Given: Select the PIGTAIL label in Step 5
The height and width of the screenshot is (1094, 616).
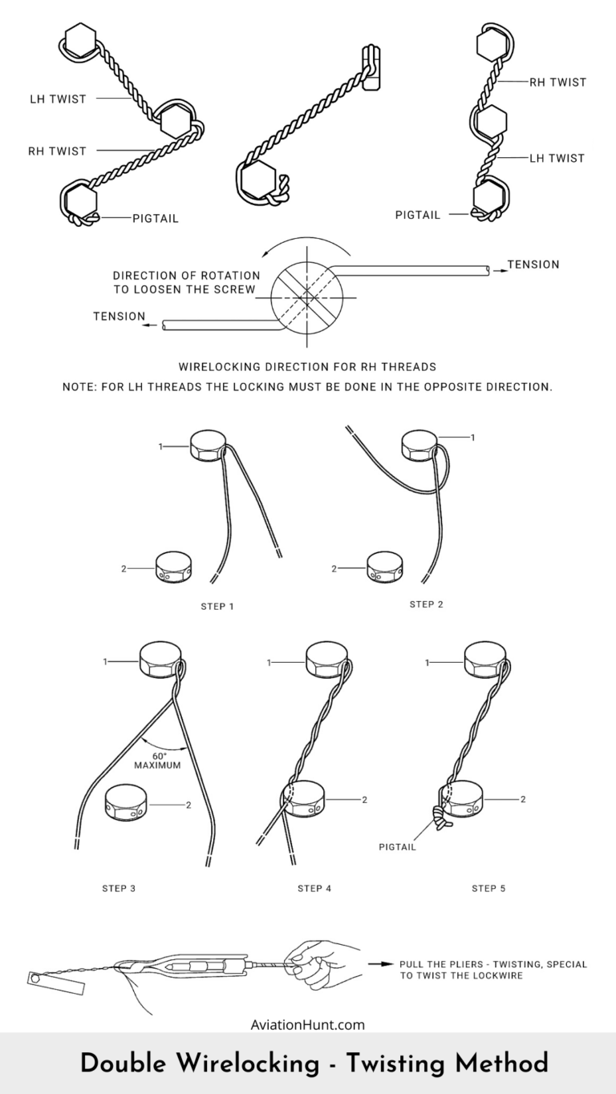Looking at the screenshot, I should point(397,847).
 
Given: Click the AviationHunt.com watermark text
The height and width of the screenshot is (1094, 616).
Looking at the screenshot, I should point(308,1023).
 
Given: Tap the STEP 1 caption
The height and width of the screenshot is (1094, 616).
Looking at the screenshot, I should point(217,606).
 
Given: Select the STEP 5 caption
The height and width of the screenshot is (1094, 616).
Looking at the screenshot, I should point(488,888).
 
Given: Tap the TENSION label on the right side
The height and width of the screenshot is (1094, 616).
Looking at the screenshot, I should point(533,264).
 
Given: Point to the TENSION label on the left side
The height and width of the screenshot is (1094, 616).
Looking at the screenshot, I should point(119,317).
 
